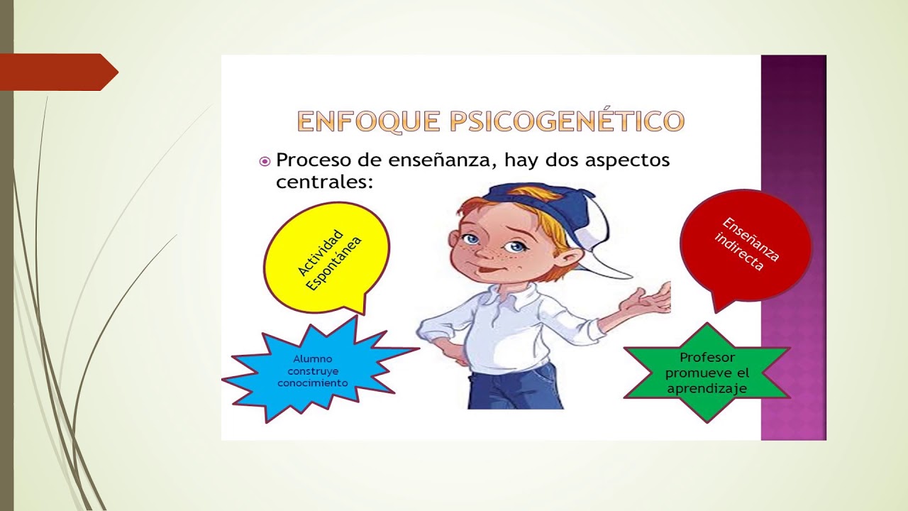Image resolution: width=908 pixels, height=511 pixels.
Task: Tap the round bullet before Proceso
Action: coord(265,162)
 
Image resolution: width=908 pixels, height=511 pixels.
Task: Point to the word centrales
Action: coord(323,182)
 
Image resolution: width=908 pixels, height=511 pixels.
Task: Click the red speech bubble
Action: coord(745,245)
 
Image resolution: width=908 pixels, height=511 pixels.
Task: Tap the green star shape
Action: coord(707,373)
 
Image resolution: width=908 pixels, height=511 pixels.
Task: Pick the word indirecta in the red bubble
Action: coord(739,254)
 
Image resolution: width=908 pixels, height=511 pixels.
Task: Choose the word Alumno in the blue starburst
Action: coord(312,359)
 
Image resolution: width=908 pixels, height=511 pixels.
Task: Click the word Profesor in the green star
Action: coord(707,358)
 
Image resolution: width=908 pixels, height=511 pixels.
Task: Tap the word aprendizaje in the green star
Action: coord(707,389)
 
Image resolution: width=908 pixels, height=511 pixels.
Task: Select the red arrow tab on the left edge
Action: coord(57,72)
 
